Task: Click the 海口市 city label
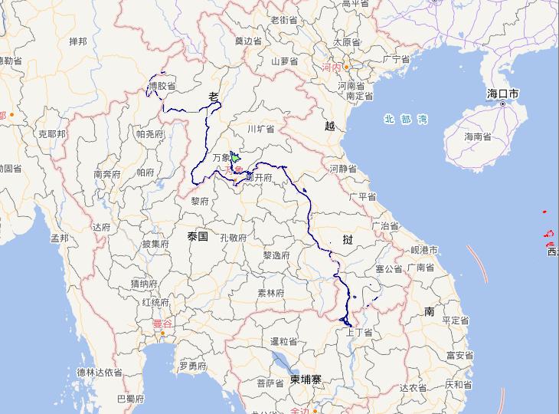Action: [x=503, y=94]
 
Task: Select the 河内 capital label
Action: [x=331, y=67]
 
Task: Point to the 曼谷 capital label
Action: [x=162, y=324]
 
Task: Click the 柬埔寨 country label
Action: [x=306, y=379]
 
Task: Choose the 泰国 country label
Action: [x=197, y=237]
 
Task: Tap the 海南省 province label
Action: [x=478, y=136]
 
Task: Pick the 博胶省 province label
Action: [x=162, y=85]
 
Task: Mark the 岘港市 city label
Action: [x=423, y=250]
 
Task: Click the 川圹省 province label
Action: [x=260, y=130]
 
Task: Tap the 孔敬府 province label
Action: [x=233, y=238]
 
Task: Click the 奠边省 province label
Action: [x=248, y=41]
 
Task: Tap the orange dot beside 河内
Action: [x=346, y=67]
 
